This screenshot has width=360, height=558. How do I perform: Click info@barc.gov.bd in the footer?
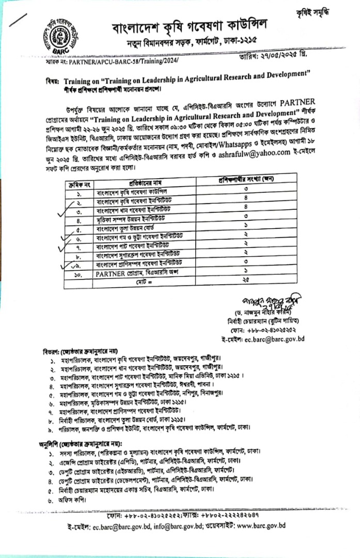pyautogui.click(x=170, y=526)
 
